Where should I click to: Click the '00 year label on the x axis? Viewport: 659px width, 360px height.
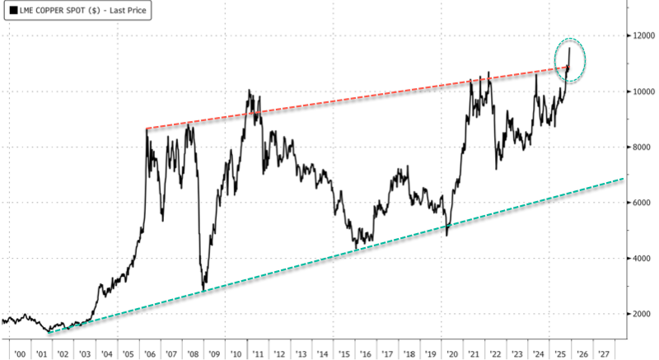point(20,352)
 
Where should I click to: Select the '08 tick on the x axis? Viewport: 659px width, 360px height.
point(193,352)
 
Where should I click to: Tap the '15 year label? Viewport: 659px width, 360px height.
point(344,352)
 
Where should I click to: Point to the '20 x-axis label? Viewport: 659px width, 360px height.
point(451,352)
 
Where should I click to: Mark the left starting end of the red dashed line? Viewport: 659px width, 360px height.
point(146,129)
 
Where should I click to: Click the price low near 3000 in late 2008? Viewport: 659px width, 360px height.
point(203,290)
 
